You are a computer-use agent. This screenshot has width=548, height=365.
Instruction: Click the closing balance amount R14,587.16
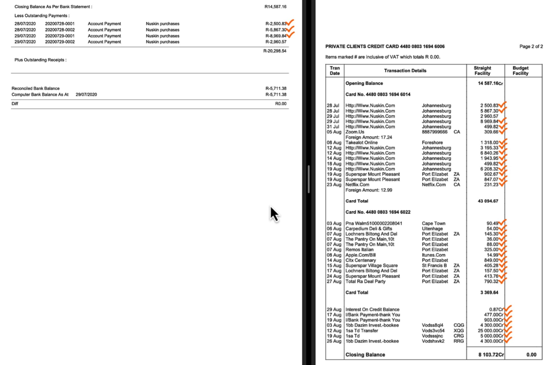pyautogui.click(x=275, y=7)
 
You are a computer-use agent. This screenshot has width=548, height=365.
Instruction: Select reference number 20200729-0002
pyautogui.click(x=60, y=42)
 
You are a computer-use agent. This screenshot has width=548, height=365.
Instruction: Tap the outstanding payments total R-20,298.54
pyautogui.click(x=275, y=51)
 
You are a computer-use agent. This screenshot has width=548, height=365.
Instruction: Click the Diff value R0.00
pyautogui.click(x=280, y=104)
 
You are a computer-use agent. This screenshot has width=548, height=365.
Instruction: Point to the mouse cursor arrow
pyautogui.click(x=274, y=214)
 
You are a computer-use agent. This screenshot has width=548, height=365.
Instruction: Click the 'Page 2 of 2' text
pyautogui.click(x=531, y=46)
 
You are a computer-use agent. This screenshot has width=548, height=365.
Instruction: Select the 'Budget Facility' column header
pyautogui.click(x=520, y=71)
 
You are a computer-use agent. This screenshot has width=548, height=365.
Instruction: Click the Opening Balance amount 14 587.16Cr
pyautogui.click(x=490, y=83)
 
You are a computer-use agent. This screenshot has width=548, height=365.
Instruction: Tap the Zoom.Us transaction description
pyautogui.click(x=355, y=132)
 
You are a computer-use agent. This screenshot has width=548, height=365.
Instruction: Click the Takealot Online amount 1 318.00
pyautogui.click(x=489, y=142)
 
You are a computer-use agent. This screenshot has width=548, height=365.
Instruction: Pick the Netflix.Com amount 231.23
pyautogui.click(x=491, y=185)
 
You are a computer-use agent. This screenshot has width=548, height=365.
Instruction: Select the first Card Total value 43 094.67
pyautogui.click(x=488, y=201)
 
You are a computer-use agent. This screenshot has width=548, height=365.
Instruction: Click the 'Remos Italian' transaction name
pyautogui.click(x=359, y=250)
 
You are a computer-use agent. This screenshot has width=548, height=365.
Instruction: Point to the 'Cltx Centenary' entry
pyautogui.click(x=360, y=260)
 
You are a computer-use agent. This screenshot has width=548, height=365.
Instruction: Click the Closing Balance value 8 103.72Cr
pyautogui.click(x=491, y=355)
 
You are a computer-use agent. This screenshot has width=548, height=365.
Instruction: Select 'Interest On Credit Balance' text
pyautogui.click(x=372, y=309)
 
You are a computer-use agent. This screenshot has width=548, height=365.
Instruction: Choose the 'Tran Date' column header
pyautogui.click(x=334, y=71)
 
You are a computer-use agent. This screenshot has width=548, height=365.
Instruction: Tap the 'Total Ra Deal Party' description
pyautogui.click(x=365, y=281)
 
